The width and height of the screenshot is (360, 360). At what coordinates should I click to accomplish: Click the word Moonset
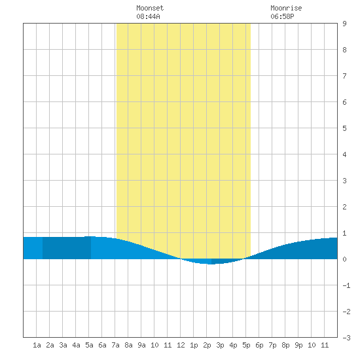150,8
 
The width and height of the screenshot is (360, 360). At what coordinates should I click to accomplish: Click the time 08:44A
148,16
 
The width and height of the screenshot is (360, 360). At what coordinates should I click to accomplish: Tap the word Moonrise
286,8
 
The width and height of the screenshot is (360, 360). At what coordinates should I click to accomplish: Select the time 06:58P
282,16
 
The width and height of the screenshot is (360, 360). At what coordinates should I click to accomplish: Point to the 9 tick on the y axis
344,24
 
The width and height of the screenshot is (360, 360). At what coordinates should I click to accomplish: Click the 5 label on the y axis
344,128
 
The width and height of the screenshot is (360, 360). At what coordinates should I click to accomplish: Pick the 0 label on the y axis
344,259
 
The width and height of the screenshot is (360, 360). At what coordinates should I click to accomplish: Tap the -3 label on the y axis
346,338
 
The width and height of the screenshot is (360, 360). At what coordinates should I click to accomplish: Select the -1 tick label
346,285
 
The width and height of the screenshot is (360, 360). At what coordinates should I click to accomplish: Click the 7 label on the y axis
344,76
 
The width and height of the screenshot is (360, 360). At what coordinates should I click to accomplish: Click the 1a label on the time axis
37,345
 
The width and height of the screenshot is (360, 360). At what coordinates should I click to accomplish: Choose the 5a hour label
89,345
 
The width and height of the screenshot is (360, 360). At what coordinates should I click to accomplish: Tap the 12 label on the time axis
181,345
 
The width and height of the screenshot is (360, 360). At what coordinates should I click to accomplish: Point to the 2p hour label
207,345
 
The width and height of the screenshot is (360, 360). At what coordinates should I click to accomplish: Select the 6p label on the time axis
259,345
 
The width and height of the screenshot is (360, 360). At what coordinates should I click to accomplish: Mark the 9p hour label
298,345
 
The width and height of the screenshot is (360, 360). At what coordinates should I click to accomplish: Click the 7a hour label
115,345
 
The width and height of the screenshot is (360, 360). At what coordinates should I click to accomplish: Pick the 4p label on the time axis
233,345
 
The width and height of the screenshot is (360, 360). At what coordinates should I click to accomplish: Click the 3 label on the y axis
344,181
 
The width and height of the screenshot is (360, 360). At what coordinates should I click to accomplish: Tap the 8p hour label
285,345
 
